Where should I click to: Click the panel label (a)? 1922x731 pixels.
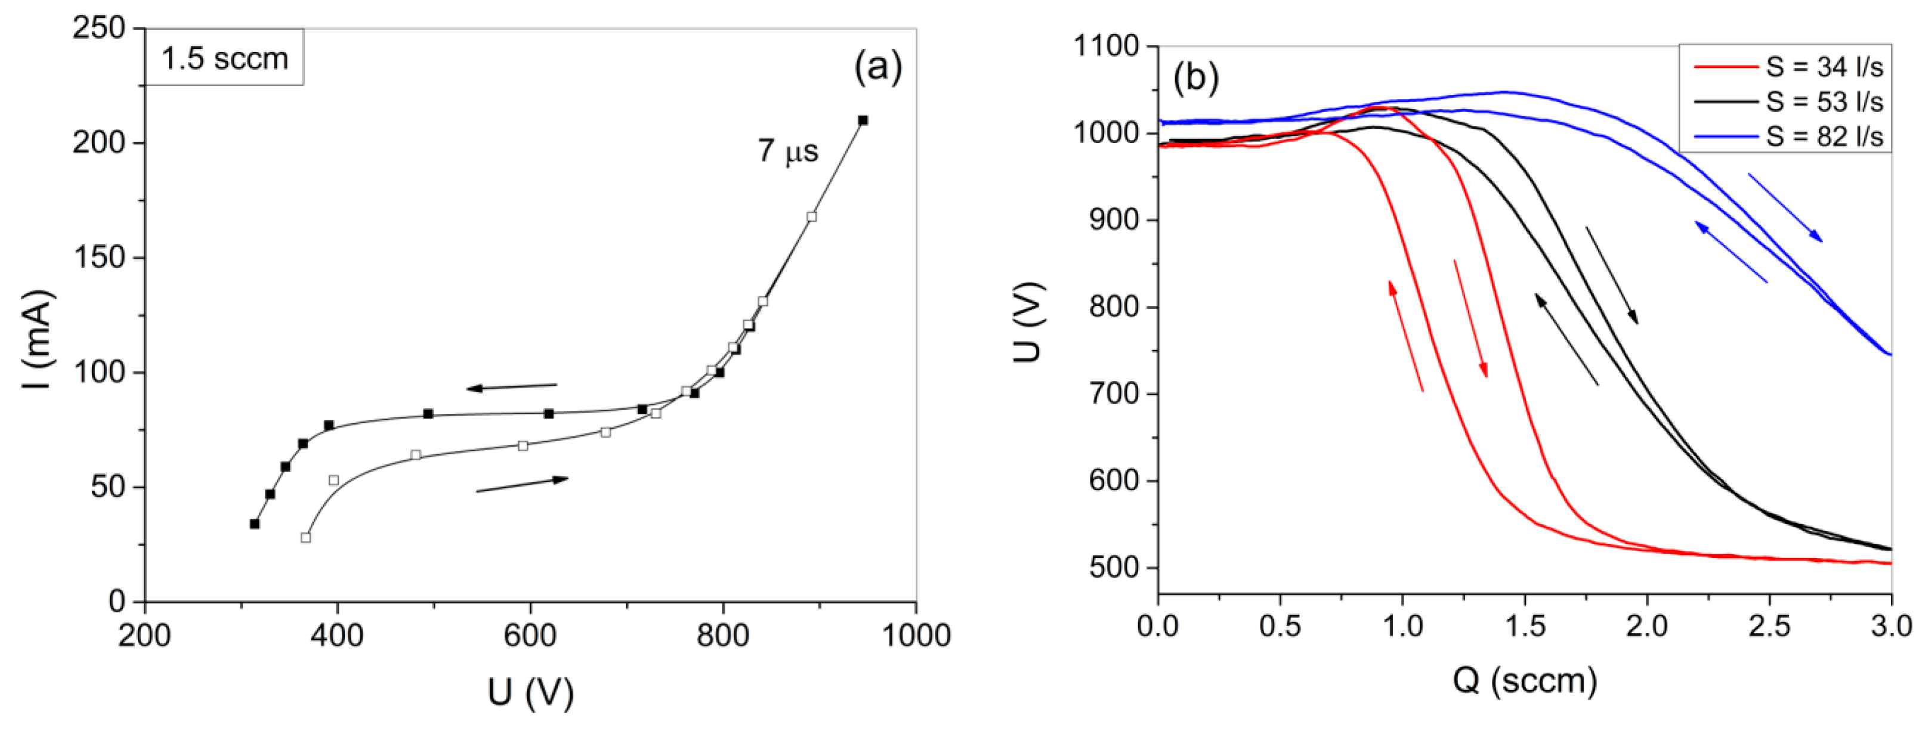(x=877, y=66)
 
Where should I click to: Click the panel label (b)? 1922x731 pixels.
(x=1196, y=77)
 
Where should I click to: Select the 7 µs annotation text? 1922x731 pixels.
(x=788, y=151)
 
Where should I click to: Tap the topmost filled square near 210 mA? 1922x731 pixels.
(x=863, y=120)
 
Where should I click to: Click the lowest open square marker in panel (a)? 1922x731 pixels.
(x=305, y=537)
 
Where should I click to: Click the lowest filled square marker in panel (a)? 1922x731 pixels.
(x=255, y=524)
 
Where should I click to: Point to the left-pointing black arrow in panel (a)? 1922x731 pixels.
(x=512, y=386)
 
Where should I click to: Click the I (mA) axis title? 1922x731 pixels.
(x=38, y=339)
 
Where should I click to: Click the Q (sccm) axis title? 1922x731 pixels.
(x=1524, y=680)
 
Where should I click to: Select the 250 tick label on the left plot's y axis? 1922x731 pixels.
(x=98, y=29)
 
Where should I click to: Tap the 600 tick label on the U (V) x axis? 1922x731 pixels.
(x=529, y=636)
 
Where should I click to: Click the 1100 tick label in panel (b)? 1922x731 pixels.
(x=1107, y=47)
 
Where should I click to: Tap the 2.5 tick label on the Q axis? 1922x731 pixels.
(x=1769, y=625)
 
